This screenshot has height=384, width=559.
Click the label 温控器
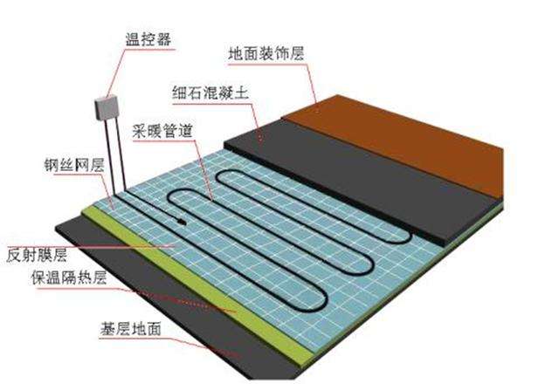148,39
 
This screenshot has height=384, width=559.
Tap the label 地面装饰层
266,53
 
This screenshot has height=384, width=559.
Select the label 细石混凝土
210,93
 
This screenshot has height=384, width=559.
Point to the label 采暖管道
162,131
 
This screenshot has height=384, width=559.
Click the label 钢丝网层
74,165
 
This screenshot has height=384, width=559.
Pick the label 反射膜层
37,255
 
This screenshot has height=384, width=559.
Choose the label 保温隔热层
69,278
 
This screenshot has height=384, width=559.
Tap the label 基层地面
130,329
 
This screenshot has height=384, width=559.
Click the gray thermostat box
106,106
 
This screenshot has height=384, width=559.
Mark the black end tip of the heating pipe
182,222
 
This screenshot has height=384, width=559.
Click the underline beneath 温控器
149,49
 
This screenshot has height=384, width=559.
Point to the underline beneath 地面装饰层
266,65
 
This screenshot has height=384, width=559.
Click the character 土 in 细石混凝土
241,93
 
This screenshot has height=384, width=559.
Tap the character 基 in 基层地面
107,329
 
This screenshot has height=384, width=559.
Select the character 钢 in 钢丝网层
52,165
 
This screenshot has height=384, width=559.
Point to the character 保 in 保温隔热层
38,278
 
